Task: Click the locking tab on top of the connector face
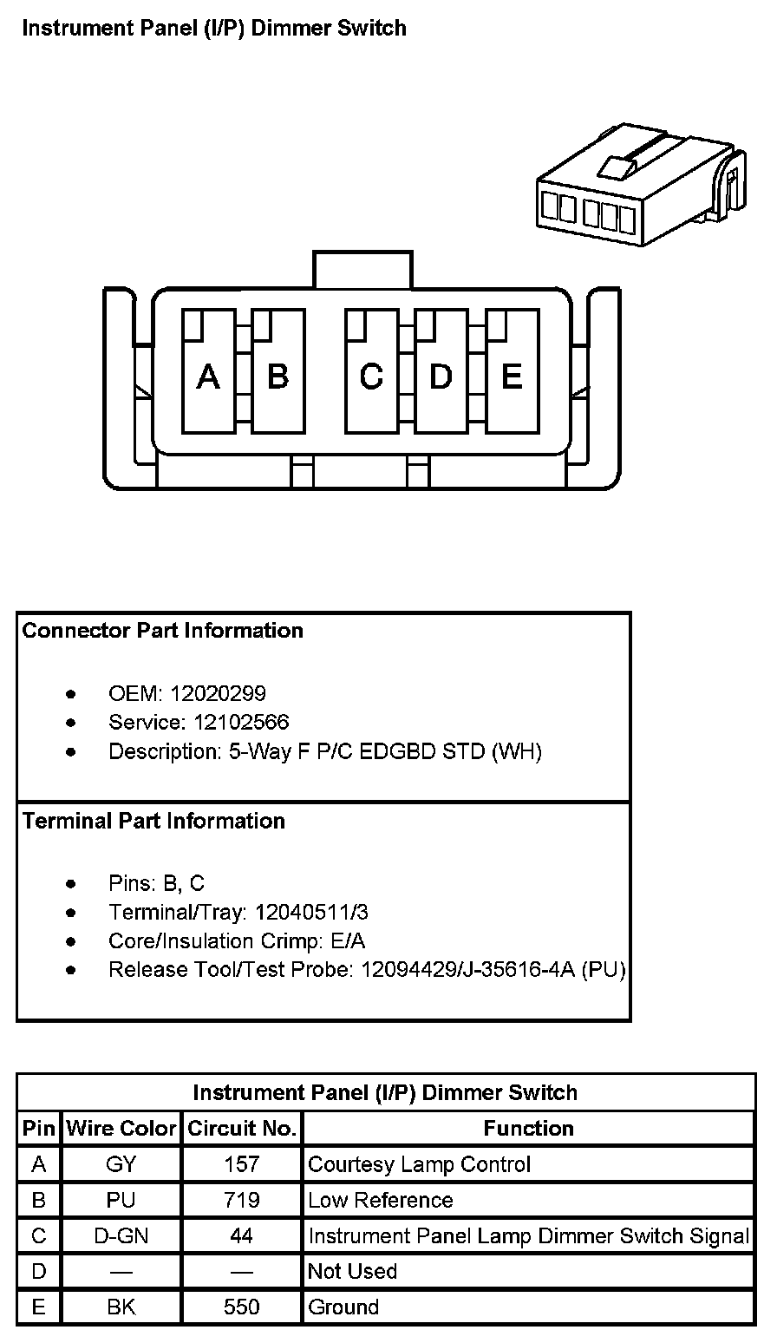point(362,270)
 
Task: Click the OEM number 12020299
point(218,693)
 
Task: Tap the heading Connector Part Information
point(163,631)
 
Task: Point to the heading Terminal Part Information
point(153,821)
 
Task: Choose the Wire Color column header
point(121,1129)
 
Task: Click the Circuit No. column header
point(242,1129)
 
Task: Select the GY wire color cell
point(121,1164)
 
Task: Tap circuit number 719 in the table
point(242,1200)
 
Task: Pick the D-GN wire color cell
point(121,1235)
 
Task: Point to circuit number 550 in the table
point(242,1307)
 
